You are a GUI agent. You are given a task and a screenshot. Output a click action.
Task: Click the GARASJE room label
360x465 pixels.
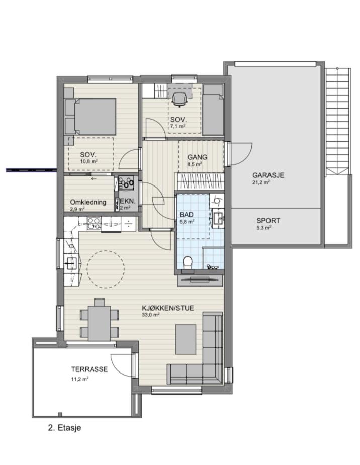pyautogui.click(x=268, y=175)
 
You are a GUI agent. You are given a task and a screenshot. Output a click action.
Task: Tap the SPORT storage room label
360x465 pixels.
pyautogui.click(x=268, y=221)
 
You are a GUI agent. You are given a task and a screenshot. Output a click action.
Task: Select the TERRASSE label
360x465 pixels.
pyautogui.click(x=89, y=369)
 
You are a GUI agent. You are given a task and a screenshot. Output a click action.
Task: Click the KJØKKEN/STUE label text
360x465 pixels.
pyautogui.click(x=168, y=308)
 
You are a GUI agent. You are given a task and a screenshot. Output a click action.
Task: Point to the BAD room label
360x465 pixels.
pyautogui.click(x=187, y=215)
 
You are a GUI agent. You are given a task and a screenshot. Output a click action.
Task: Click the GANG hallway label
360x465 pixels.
pyautogui.click(x=197, y=157)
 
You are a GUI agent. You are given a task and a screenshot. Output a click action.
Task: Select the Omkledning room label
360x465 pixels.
pyautogui.click(x=88, y=202)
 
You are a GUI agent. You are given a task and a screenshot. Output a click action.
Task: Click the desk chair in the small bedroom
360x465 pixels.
pyautogui.click(x=179, y=99)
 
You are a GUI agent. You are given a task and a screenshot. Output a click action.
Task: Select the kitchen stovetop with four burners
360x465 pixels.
pyautogui.click(x=93, y=223)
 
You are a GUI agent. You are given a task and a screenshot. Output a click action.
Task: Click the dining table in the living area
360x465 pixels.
pyautogui.click(x=100, y=323)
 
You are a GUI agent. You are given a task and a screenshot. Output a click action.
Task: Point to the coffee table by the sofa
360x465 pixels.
pyautogui.click(x=186, y=339)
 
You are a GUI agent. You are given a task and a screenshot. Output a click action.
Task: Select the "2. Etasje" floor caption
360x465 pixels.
pyautogui.click(x=64, y=428)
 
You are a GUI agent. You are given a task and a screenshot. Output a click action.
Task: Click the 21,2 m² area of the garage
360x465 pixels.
pyautogui.click(x=261, y=182)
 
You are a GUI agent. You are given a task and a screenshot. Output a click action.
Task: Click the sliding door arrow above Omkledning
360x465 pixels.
pyautogui.click(x=94, y=179)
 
